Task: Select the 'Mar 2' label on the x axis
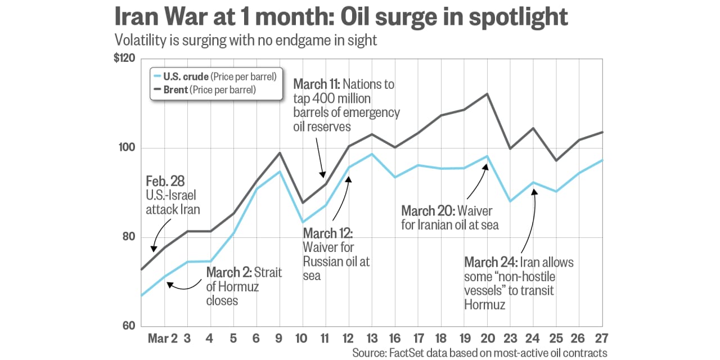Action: (163, 339)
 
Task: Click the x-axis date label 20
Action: (487, 339)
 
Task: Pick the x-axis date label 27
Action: (602, 339)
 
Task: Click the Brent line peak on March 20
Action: (487, 94)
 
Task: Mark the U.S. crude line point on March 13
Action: (371, 154)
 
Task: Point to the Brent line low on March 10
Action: (302, 202)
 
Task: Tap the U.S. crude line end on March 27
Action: (602, 160)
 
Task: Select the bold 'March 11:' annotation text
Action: (316, 84)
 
